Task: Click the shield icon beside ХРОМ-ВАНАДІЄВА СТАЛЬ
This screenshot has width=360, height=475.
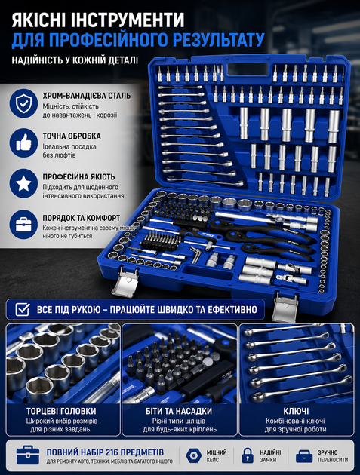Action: pyautogui.click(x=23, y=103)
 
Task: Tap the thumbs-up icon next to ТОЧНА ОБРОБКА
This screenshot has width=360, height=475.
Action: pyautogui.click(x=23, y=142)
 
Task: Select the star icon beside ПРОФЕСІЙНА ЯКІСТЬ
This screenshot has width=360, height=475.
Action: pyautogui.click(x=23, y=183)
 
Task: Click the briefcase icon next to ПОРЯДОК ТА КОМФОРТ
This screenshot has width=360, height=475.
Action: pyautogui.click(x=23, y=225)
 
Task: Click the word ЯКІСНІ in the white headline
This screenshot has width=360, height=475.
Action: pyautogui.click(x=40, y=20)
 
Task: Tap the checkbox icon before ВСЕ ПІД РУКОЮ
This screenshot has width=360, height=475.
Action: pyautogui.click(x=23, y=310)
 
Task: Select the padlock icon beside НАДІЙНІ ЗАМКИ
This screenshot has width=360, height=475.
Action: pyautogui.click(x=248, y=455)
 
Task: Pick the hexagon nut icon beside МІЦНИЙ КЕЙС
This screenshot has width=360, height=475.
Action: pyautogui.click(x=193, y=455)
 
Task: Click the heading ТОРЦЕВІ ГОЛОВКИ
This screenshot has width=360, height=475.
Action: pyautogui.click(x=61, y=411)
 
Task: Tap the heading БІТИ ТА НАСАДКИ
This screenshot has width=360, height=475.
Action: pyautogui.click(x=179, y=411)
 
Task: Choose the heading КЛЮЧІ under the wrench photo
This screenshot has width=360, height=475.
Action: pyautogui.click(x=296, y=411)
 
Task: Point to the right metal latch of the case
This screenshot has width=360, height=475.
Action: pyautogui.click(x=285, y=306)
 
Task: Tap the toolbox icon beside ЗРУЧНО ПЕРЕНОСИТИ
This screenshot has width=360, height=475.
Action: pyautogui.click(x=304, y=455)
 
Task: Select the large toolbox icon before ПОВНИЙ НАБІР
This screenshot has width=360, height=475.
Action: pyautogui.click(x=28, y=455)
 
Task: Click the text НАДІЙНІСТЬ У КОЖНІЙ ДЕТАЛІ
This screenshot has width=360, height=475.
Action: pyautogui.click(x=75, y=60)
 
